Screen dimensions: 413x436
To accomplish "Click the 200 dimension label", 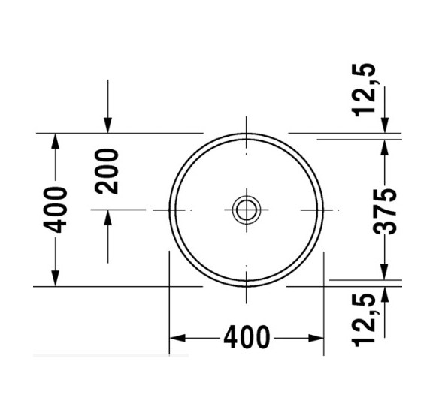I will point(110,171).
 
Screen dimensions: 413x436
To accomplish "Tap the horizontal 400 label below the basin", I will point(245,339).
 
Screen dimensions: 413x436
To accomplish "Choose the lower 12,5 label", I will point(366,322).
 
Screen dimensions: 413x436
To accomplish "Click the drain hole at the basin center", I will point(245,209).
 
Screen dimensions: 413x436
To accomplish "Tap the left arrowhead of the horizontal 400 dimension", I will point(177,339).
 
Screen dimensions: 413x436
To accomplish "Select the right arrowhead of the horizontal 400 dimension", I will point(315,339).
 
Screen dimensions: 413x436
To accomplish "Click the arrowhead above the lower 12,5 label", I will point(384,294).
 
